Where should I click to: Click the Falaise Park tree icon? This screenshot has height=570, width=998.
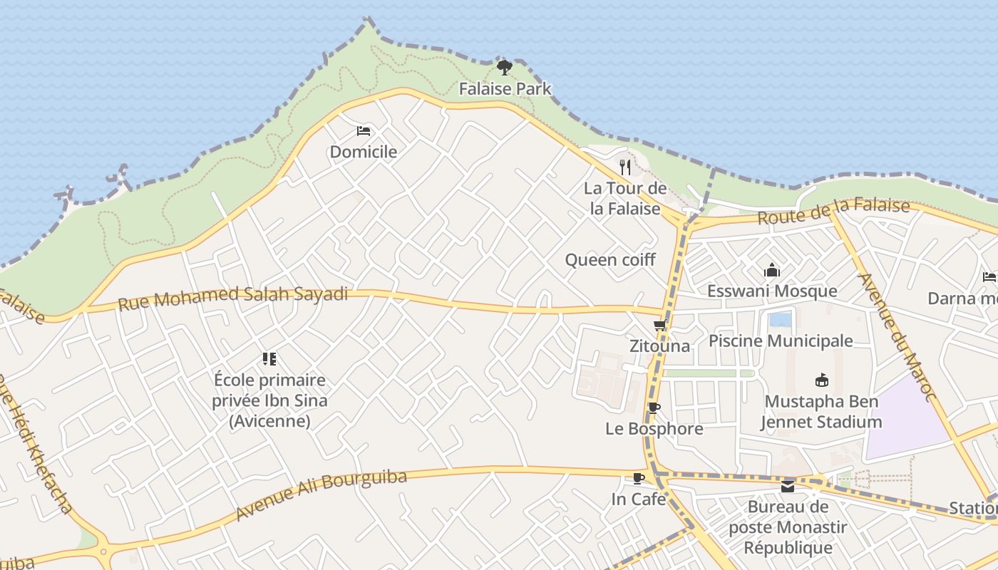[505, 68]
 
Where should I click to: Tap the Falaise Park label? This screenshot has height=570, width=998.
[505, 89]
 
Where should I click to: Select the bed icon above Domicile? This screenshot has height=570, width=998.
[364, 131]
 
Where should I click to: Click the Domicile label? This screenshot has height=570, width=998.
[364, 152]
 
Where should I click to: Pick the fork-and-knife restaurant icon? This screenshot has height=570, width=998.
[625, 167]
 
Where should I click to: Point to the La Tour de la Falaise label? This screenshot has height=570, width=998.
[625, 199]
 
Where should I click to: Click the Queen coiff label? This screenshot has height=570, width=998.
[610, 260]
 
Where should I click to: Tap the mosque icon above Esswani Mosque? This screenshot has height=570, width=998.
[771, 271]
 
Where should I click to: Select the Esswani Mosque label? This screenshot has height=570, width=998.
[772, 291]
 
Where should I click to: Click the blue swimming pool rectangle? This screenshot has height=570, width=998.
[781, 319]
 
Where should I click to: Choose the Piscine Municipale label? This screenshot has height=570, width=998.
[781, 341]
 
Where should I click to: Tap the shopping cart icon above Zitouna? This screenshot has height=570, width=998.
[659, 326]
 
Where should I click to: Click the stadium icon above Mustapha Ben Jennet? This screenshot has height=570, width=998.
[821, 380]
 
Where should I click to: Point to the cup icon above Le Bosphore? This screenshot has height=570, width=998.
[654, 408]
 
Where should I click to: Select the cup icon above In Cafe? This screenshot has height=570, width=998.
[639, 479]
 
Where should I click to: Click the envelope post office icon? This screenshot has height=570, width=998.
[788, 487]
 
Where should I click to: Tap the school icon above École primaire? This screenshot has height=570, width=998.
[269, 359]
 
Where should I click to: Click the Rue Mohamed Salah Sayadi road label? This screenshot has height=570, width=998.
[233, 297]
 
